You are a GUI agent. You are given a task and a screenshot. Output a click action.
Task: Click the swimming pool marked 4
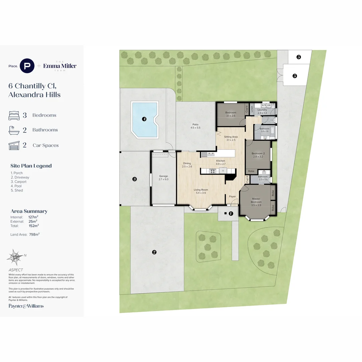point(145,119)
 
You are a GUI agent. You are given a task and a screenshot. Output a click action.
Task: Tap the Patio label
point(195,124)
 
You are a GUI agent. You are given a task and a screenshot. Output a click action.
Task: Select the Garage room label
point(163,176)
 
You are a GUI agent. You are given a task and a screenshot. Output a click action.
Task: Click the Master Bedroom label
point(256,200)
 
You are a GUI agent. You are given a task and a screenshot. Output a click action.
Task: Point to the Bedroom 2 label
point(258,154)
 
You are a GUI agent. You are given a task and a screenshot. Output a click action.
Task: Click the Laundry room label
point(262,110)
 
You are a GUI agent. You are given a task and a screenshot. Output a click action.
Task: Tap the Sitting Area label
point(231,137)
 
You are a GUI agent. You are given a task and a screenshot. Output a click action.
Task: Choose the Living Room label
point(201,190)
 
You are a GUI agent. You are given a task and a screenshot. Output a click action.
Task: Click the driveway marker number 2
point(154,252)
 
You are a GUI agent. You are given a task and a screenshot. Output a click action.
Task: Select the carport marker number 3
point(134,179)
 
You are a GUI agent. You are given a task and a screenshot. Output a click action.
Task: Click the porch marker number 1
point(231,213)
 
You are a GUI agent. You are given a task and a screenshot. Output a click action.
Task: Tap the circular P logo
point(27,66)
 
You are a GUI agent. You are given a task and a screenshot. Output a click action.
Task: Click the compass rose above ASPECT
point(15,257)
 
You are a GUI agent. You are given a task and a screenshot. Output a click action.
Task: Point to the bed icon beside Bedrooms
point(14,115)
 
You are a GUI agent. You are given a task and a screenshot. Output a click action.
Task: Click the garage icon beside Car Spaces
point(14,145)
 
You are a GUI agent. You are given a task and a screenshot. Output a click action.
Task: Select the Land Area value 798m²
point(34,235)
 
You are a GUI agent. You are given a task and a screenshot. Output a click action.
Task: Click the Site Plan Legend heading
point(31,166)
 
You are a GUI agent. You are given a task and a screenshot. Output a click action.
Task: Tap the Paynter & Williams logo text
point(26,306)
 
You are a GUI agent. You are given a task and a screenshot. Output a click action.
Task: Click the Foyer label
point(232,196)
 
